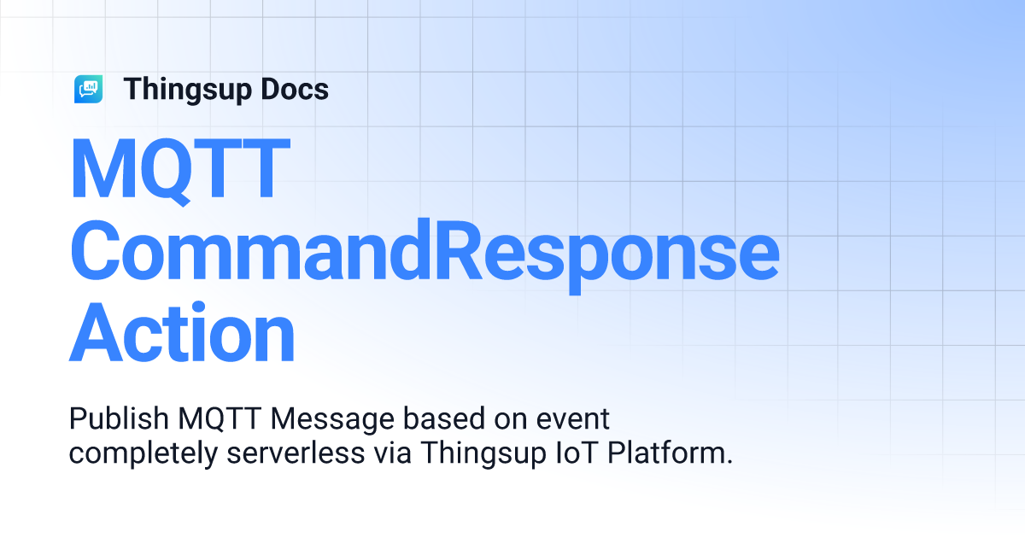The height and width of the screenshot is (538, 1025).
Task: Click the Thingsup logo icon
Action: [x=89, y=89]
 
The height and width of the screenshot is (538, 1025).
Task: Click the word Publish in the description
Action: [x=120, y=420]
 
